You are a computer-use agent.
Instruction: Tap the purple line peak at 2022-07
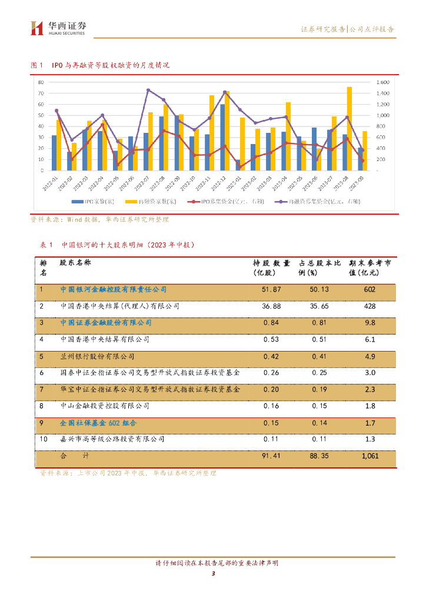[148, 90]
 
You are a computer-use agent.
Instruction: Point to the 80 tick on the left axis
[41, 82]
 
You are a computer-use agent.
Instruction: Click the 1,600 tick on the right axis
[382, 82]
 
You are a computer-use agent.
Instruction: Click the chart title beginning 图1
[100, 65]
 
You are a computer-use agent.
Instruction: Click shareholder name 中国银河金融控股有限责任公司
[114, 290]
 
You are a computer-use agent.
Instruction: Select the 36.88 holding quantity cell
[271, 306]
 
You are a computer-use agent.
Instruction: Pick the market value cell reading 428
[370, 306]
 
